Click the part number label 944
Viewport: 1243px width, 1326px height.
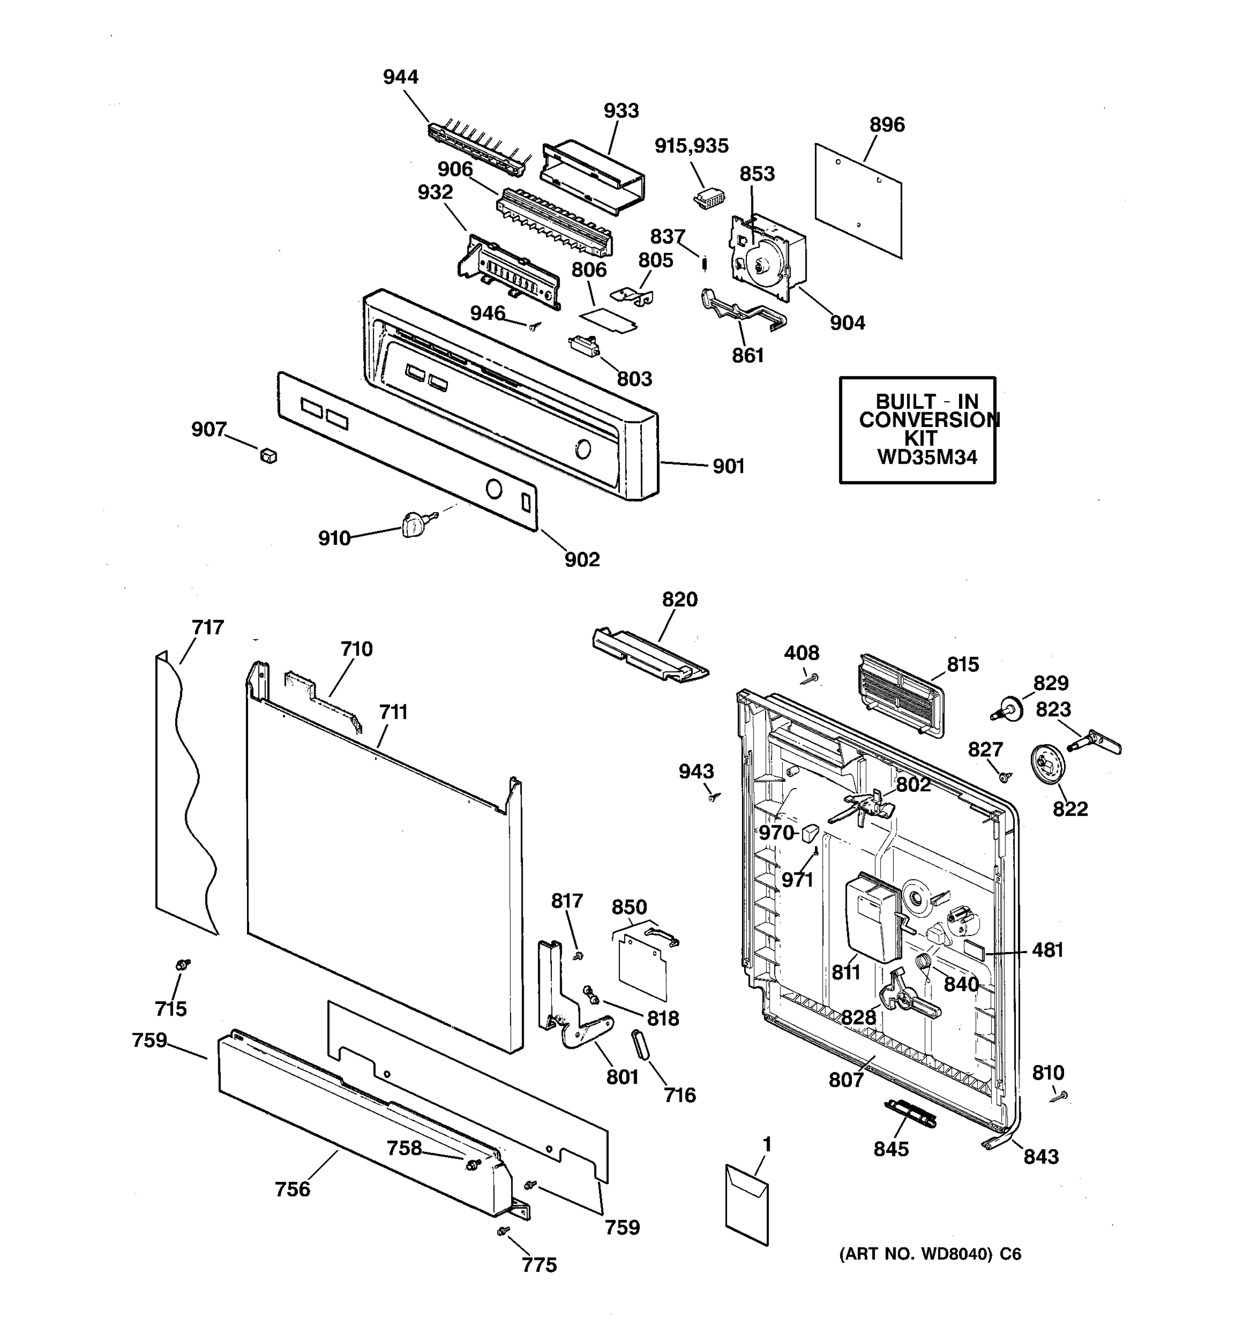tap(400, 77)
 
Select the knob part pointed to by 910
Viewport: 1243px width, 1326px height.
tap(413, 525)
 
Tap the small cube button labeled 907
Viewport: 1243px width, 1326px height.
tap(268, 456)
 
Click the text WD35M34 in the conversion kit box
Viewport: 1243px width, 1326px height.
tap(926, 457)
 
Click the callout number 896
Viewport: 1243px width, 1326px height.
tap(887, 125)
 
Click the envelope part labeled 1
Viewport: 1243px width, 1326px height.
tap(747, 1204)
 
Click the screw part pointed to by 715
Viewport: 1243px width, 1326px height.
tap(181, 965)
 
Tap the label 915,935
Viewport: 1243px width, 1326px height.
tap(691, 146)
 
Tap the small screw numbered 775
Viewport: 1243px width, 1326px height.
tap(504, 1230)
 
